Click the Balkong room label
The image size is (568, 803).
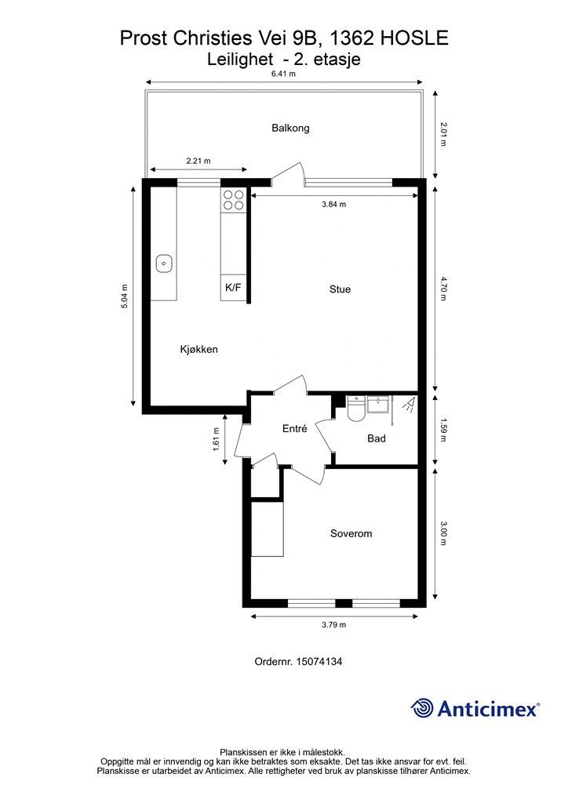pos(290,128)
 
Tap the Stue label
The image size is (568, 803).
pos(340,289)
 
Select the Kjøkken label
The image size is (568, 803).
pos(198,349)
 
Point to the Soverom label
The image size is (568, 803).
pos(351,533)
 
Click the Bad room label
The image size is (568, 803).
pos(377,438)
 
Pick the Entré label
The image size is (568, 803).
pos(294,429)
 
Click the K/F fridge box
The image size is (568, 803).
pos(233,287)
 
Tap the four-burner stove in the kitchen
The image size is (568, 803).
pos(232,200)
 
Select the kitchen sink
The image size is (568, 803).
pos(164,263)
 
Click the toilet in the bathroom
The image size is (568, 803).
pos(355,409)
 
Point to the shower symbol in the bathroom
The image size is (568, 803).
pos(409,405)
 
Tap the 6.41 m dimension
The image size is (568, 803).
pos(283,74)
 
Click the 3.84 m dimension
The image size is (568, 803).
pos(334,205)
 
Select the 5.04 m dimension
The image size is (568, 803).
pos(125,296)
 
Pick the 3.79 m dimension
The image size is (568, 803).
pos(334,625)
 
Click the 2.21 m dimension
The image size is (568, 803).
pos(198,161)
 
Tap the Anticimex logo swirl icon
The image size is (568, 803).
pos(422,708)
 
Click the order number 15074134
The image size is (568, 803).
pos(319,662)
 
